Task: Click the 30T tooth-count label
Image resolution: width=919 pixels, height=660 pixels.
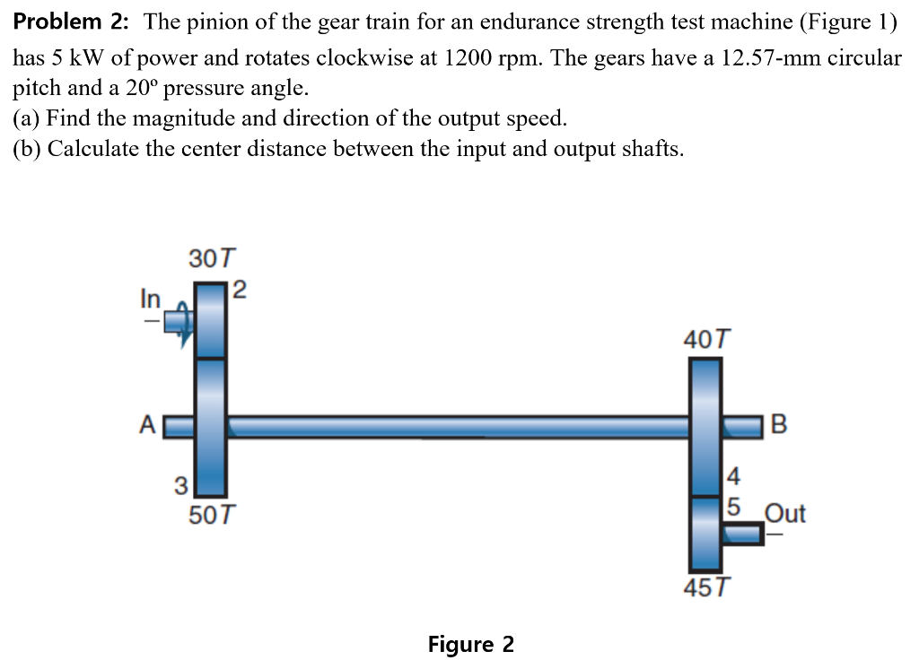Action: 212,260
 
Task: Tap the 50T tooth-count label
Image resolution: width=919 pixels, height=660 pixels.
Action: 213,517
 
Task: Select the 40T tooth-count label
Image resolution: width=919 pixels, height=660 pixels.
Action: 706,340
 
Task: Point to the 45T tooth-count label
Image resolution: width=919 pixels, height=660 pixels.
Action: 706,588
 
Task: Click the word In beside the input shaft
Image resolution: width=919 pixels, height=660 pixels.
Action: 150,299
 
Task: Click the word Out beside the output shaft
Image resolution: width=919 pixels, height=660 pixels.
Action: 784,514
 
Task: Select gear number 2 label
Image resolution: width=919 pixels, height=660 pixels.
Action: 239,290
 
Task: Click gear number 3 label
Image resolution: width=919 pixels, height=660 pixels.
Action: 180,486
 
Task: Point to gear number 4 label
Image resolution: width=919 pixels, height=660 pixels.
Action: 733,474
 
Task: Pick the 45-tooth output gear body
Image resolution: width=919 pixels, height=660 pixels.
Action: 705,534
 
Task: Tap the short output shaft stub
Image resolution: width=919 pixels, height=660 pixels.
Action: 743,534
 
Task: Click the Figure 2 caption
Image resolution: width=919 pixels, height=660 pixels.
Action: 471,644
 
